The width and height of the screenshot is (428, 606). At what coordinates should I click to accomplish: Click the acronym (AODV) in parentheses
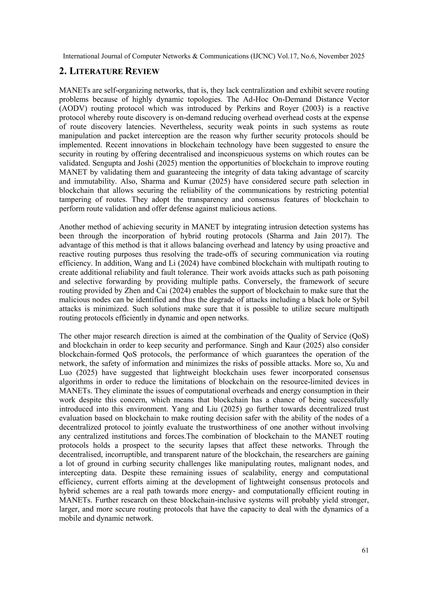pos(73,108)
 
